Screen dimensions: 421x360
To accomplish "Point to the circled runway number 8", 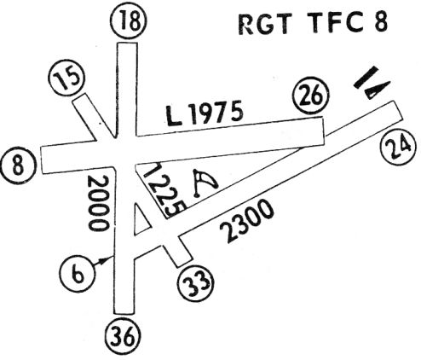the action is pyautogui.click(x=19, y=165).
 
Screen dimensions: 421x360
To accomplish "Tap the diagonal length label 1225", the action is pyautogui.click(x=164, y=190).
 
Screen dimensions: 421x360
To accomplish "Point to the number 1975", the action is pyautogui.click(x=217, y=112).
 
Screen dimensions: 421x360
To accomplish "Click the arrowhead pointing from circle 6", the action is pyautogui.click(x=107, y=259).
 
